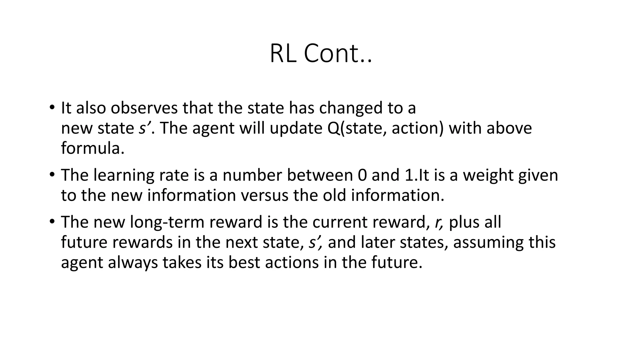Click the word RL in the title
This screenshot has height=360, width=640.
[x=283, y=53]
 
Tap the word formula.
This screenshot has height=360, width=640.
[x=92, y=148]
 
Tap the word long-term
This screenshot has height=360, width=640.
[x=167, y=222]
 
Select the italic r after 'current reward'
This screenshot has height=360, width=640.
[x=438, y=222]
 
